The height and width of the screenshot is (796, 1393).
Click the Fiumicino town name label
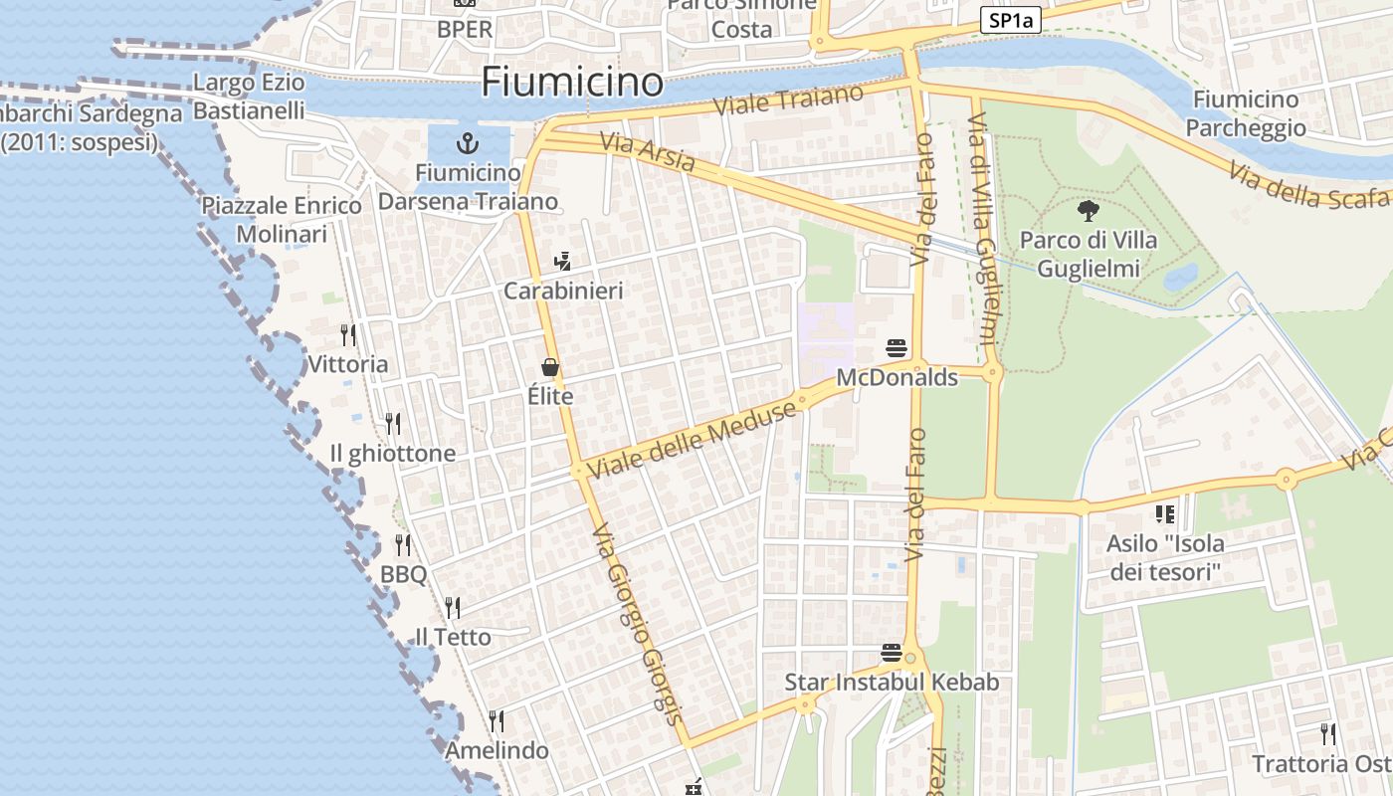[572, 82]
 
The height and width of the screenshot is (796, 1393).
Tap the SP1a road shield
[1010, 20]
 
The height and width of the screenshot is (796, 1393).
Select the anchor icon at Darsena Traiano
[468, 142]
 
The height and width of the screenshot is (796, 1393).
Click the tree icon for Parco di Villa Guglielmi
[1089, 210]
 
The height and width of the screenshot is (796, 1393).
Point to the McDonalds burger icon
[896, 348]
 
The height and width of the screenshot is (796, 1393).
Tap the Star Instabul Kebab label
[892, 683]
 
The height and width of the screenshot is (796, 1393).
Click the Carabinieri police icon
[563, 262]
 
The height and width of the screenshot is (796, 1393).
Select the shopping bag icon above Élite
[550, 368]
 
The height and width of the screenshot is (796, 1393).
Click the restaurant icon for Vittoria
[348, 335]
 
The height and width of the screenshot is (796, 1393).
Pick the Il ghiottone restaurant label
[392, 454]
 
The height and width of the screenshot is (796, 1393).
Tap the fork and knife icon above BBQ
[403, 545]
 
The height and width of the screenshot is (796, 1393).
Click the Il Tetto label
[453, 637]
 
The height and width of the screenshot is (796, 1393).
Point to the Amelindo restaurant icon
[497, 721]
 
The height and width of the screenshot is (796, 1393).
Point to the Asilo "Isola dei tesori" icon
[1164, 514]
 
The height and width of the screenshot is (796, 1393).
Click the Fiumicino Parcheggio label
[1246, 113]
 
